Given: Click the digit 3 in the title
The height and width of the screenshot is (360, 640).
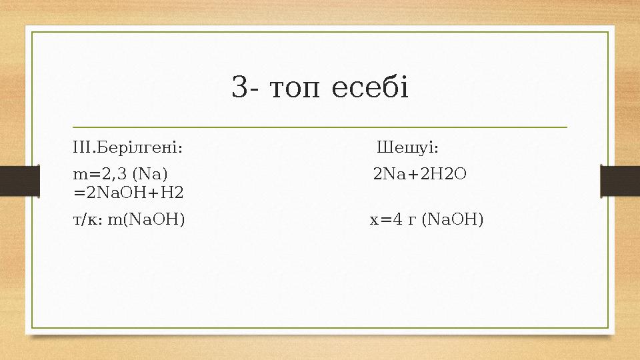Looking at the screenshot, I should pos(239,87).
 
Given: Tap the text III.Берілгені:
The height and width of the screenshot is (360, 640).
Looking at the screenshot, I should pos(129,147).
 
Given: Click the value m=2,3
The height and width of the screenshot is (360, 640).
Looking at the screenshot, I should pos(101,175).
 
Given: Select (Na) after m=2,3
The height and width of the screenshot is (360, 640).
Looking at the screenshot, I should pos(150,175).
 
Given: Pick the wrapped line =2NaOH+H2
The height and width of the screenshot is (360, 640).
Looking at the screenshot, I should pos(129,193).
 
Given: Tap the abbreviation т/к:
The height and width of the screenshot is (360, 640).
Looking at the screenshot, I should pos(87,219).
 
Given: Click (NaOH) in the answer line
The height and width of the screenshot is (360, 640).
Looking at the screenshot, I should pos(453,219).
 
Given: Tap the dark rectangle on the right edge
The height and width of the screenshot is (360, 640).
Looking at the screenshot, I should pos(620,180).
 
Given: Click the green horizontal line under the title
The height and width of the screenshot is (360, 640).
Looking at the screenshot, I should pos(320,127).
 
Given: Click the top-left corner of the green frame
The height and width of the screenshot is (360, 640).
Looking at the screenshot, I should pos(33,31).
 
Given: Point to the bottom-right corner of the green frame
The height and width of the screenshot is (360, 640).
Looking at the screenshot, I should pos(608,328).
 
